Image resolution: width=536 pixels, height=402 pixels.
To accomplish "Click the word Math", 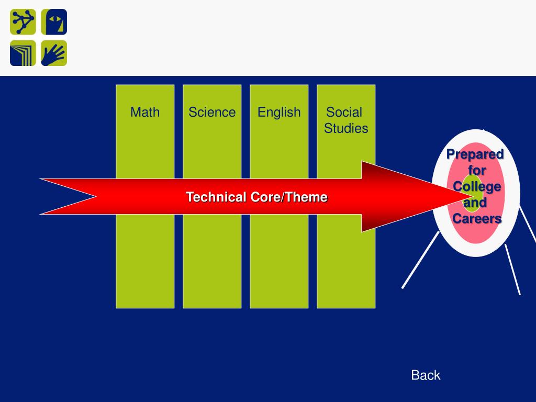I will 145,112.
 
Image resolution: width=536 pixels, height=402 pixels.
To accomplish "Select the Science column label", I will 212,112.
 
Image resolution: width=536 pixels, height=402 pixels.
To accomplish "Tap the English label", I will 279,112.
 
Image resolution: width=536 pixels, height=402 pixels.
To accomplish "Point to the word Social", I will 344,112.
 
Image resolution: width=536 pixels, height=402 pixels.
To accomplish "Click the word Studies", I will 346,128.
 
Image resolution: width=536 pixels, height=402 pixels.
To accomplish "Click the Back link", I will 426,375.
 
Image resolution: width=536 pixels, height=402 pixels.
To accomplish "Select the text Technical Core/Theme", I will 256,197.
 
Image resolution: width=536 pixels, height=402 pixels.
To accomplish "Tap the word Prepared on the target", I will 475,154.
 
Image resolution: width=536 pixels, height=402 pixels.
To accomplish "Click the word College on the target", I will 477,186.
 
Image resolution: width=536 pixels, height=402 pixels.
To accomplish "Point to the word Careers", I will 477,218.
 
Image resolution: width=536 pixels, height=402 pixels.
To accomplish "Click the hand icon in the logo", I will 54,53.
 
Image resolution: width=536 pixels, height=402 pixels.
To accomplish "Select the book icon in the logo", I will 23,53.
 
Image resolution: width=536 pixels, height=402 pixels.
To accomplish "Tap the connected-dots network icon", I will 23,22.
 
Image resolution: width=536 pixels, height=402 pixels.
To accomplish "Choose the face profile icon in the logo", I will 54,22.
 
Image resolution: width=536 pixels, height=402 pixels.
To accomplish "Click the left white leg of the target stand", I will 420,260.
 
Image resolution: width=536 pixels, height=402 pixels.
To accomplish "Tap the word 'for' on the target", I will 477,170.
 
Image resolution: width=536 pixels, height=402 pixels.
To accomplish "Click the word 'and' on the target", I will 475,203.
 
